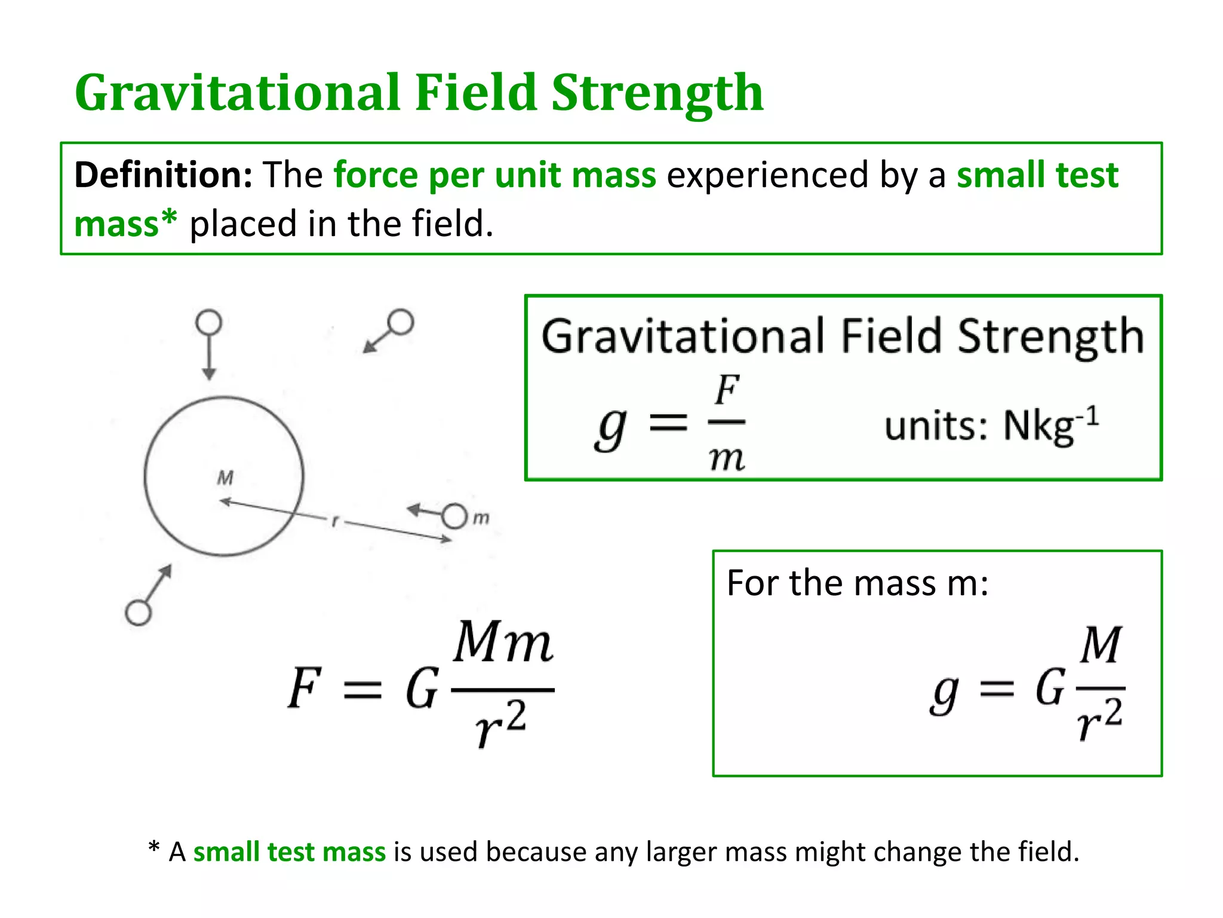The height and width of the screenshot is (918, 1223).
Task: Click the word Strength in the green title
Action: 657,93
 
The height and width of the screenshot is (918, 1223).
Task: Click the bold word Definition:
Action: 163,176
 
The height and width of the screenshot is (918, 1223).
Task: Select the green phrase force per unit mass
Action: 494,176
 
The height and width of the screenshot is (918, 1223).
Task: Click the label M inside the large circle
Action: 225,478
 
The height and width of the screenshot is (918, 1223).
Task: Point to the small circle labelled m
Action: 454,516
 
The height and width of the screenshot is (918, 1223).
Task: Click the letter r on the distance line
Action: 335,521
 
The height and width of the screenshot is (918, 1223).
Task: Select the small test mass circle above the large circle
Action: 208,323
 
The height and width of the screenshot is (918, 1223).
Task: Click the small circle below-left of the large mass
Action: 139,613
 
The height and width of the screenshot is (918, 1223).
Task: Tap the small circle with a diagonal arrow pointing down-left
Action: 400,322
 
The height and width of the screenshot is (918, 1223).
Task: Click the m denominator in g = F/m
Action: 727,459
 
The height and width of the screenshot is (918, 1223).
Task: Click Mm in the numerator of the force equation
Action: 503,643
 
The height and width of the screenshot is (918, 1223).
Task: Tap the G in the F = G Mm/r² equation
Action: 422,688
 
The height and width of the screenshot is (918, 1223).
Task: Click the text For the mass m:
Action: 857,583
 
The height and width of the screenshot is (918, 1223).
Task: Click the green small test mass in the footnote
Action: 290,852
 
